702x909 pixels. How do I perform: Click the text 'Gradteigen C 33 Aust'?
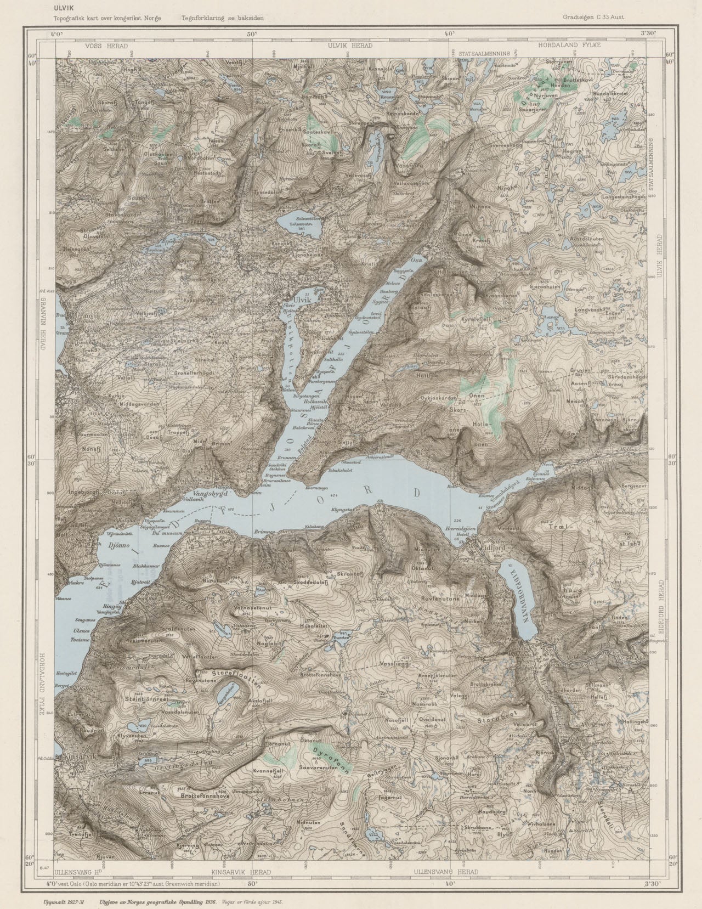(x=593, y=16)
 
